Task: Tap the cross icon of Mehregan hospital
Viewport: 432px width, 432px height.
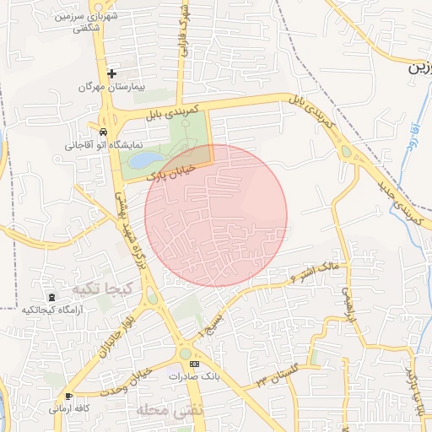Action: click(111, 74)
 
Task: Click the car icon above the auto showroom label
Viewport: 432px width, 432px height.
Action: click(103, 132)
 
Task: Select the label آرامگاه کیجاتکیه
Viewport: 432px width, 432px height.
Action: click(53, 310)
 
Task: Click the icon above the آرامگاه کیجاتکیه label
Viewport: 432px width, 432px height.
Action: click(52, 297)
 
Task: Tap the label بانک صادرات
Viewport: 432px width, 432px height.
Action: click(194, 376)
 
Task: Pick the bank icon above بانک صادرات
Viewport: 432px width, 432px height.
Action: click(195, 364)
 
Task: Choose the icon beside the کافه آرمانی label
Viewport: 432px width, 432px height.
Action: click(67, 396)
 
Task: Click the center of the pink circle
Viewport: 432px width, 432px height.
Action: click(216, 215)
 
